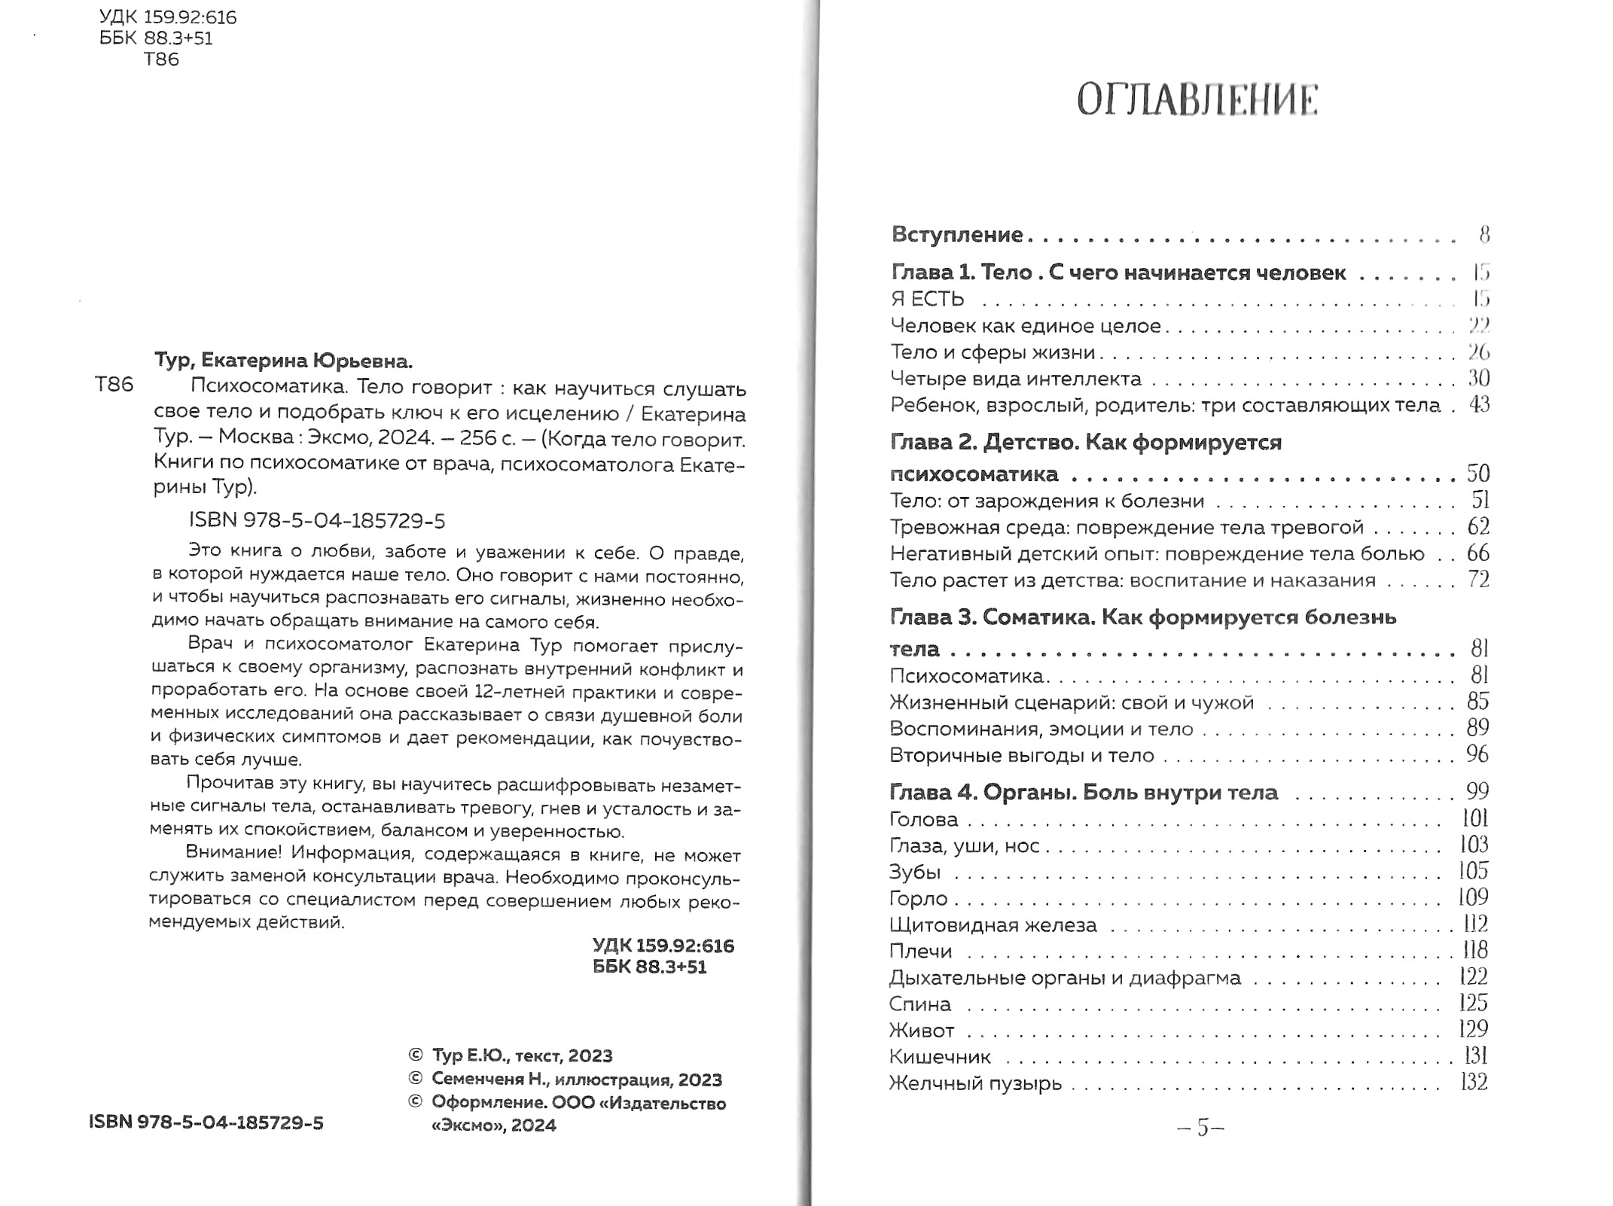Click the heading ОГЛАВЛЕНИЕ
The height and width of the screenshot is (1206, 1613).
1197,101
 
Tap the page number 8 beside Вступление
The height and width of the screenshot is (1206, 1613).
1483,235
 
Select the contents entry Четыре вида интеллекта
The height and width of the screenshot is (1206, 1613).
1016,379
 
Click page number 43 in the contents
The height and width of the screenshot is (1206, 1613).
1479,405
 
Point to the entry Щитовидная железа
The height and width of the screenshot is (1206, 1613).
992,925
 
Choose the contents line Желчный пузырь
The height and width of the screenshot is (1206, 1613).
975,1083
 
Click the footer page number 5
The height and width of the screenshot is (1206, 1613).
1201,1127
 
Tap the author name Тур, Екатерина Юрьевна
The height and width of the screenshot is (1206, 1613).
283,361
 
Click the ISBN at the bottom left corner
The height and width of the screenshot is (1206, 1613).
206,1123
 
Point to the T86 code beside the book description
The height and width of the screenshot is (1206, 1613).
114,385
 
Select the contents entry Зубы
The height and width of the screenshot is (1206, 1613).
914,873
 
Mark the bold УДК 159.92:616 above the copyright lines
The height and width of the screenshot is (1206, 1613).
663,946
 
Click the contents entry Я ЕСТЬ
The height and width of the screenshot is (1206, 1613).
927,300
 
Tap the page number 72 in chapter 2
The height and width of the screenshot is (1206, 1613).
1478,580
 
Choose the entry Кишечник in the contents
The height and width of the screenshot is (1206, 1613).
940,1057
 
